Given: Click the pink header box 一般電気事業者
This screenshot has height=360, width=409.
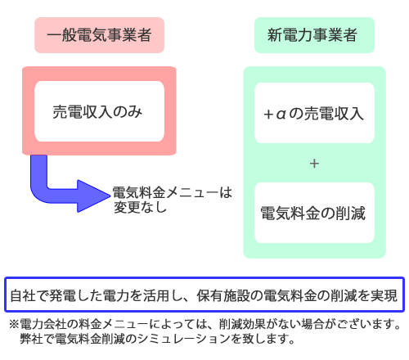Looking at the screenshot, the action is point(99,35).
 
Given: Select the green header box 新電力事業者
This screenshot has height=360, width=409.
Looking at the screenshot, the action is point(314,35).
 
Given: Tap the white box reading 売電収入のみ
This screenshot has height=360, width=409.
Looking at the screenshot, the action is point(99,111).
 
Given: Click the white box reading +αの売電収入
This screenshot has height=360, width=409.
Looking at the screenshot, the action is point(314,113).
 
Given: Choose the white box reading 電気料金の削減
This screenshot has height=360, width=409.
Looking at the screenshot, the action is point(314,213).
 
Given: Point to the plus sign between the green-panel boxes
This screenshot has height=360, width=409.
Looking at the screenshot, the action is point(314,164).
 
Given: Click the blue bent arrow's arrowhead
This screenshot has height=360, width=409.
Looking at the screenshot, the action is point(94,196).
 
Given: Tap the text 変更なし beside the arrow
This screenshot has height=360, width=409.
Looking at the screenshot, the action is point(140,207).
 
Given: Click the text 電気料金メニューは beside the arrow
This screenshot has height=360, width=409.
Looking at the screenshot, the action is point(173,192).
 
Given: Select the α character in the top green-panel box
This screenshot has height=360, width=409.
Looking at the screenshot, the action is point(281,114).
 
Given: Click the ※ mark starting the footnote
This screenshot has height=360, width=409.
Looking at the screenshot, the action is point(14,325).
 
